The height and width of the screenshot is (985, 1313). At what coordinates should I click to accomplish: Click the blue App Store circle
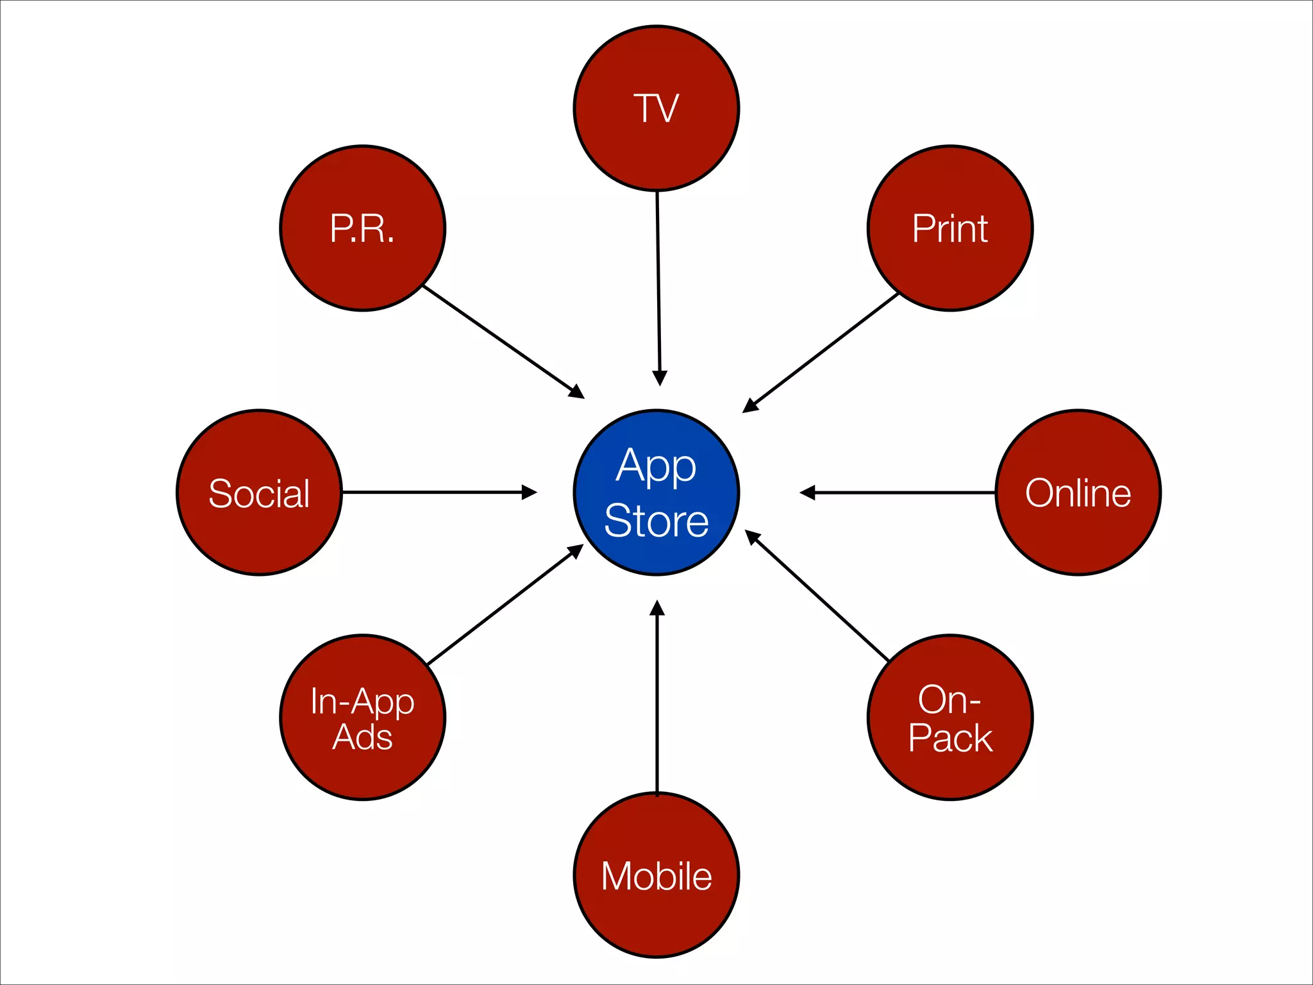click(x=656, y=492)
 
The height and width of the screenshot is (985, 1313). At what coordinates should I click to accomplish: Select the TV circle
click(x=656, y=108)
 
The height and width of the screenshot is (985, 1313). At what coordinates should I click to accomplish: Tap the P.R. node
click(x=363, y=228)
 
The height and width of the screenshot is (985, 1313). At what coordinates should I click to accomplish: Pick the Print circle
click(x=950, y=228)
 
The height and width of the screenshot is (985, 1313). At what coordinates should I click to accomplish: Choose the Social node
click(x=260, y=492)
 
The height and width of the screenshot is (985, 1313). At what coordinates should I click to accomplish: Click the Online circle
click(x=1078, y=492)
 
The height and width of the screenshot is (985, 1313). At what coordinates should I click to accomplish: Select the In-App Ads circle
click(x=363, y=718)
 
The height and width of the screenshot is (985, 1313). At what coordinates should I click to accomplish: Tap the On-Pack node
click(x=950, y=718)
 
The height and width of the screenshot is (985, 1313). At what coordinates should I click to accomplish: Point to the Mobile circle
click(x=656, y=875)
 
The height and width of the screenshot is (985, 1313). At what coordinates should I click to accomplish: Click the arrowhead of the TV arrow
click(x=660, y=378)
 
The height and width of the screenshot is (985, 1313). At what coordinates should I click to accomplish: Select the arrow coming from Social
click(x=436, y=492)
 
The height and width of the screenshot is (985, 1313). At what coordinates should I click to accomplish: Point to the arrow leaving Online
click(x=898, y=492)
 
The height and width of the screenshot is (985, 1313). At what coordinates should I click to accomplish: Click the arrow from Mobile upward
click(x=657, y=699)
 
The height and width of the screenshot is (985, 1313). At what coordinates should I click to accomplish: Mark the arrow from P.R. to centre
click(x=500, y=340)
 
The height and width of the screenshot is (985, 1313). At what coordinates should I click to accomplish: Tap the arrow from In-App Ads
click(x=503, y=606)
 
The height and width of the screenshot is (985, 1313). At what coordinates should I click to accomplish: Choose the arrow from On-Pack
click(x=817, y=596)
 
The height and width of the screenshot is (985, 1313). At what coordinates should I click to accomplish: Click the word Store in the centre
click(x=656, y=521)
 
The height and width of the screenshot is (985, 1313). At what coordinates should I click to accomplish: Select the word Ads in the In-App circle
click(x=363, y=737)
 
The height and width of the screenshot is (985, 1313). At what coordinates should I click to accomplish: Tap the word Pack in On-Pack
click(x=950, y=738)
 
